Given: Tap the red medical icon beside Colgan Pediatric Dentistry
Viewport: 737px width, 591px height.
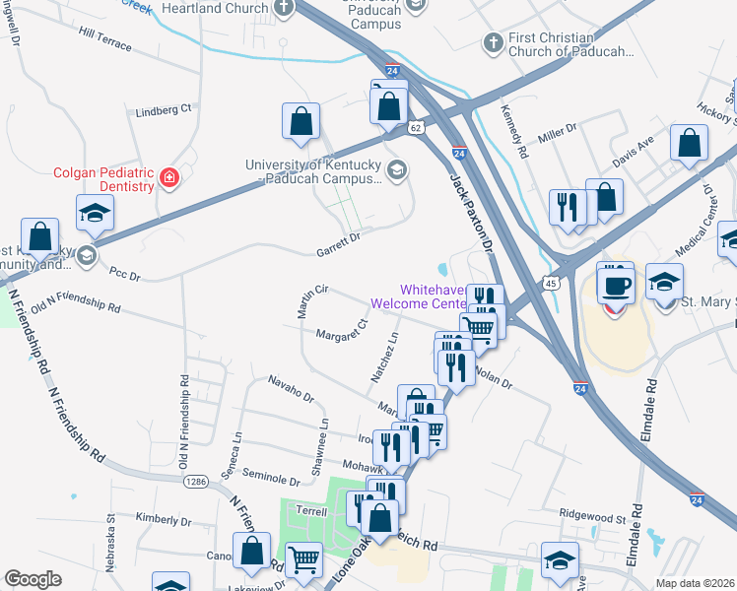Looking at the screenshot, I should pyautogui.click(x=169, y=177).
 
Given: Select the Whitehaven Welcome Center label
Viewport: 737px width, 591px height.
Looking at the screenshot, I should pyautogui.click(x=432, y=296).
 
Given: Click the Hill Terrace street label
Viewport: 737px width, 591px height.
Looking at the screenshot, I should pyautogui.click(x=105, y=39).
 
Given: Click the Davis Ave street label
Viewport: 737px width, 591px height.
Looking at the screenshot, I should pyautogui.click(x=633, y=150).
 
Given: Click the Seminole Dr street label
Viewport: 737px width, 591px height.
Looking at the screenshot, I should pyautogui.click(x=271, y=479).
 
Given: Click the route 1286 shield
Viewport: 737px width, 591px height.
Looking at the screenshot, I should pyautogui.click(x=195, y=481).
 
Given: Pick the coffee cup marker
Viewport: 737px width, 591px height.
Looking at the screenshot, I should pyautogui.click(x=617, y=285).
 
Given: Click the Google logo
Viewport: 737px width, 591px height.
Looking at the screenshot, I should pyautogui.click(x=33, y=579).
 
